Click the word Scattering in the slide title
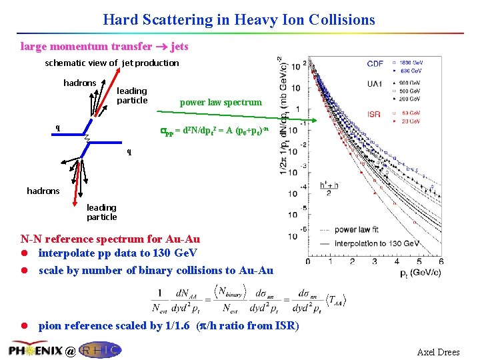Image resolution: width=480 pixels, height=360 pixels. pos(183,20)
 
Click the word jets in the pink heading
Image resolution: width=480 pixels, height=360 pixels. pos(179,47)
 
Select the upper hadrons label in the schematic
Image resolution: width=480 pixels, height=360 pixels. pos(79,83)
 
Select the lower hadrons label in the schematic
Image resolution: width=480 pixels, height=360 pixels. pos(43,191)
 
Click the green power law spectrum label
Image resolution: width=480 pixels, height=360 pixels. pos(221,103)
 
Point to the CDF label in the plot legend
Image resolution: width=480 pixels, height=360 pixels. pos(375,64)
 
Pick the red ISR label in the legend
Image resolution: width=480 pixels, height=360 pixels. pos(374,114)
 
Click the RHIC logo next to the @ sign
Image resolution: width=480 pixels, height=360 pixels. pos(100,349)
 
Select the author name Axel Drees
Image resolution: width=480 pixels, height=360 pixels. pos(438,352)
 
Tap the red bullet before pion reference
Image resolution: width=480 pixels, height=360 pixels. pos(25,326)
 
